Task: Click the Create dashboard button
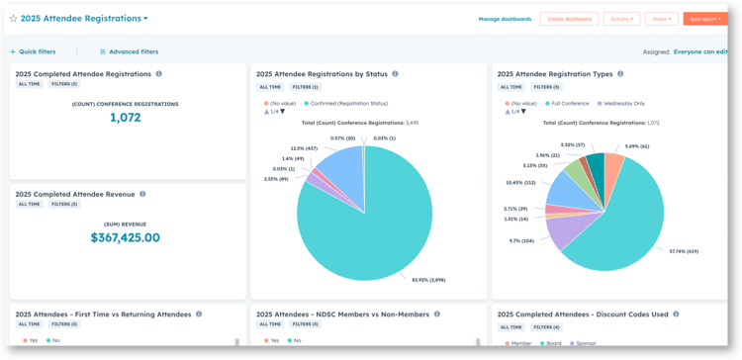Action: tap(568, 19)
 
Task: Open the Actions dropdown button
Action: tap(621, 19)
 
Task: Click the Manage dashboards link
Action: tap(505, 19)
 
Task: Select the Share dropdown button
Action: tap(661, 19)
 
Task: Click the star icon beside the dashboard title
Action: tap(13, 19)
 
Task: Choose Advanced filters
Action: tap(133, 51)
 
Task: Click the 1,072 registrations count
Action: tap(125, 118)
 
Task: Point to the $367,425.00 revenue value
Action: tap(125, 237)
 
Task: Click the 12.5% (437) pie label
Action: tap(291, 148)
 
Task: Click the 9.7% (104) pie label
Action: tap(521, 240)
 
